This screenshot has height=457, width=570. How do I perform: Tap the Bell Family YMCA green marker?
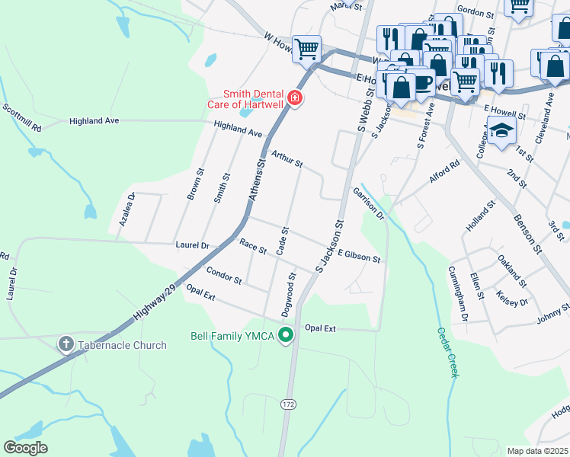point(287,335)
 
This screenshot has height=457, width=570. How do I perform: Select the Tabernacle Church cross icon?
point(66,345)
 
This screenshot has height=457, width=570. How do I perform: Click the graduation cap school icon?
point(501,133)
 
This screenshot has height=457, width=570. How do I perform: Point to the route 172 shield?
point(287,402)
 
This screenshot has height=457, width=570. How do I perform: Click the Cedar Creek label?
point(447,352)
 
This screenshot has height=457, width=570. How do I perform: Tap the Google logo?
point(26,447)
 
